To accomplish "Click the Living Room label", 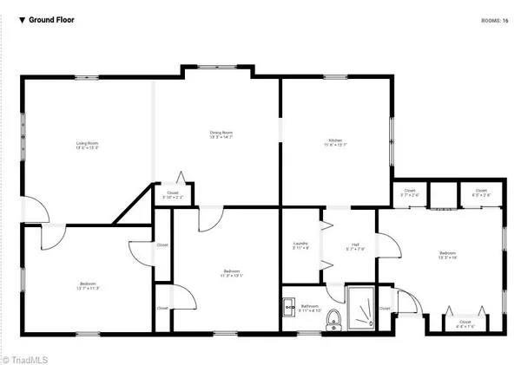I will coord(85,144).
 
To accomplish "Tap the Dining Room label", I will coord(221,134).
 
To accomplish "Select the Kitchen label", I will coord(335,141).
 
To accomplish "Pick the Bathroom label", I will coord(310,309).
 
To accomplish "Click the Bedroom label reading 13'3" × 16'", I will coord(448,255).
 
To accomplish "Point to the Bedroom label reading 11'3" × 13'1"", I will coord(231,274).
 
